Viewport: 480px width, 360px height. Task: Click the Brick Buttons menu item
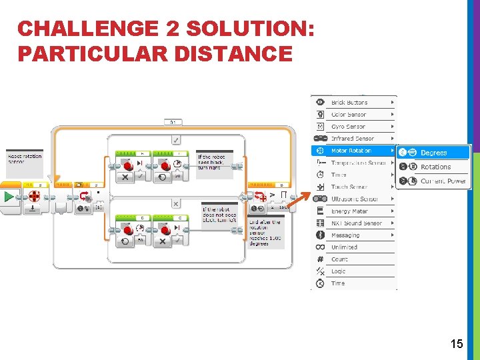(349, 103)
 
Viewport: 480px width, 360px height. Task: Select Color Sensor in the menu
(348, 115)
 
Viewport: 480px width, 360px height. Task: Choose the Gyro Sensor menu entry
(348, 127)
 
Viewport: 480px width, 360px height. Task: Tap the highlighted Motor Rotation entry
(351, 151)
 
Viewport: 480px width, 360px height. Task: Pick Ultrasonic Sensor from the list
(354, 199)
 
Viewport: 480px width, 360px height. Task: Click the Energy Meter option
(350, 211)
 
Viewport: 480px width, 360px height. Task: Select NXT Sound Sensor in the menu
(357, 223)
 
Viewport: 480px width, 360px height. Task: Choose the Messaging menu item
(345, 235)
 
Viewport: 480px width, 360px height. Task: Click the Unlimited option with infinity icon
(344, 247)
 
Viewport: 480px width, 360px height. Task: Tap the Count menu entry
(339, 259)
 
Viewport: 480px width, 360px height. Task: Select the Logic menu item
(339, 271)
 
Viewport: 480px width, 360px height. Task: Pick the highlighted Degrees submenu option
(433, 153)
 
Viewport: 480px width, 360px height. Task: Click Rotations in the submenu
(435, 167)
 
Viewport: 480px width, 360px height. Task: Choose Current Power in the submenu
(443, 181)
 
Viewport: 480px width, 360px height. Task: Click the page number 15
(457, 344)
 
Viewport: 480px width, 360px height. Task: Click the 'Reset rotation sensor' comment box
(25, 159)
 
